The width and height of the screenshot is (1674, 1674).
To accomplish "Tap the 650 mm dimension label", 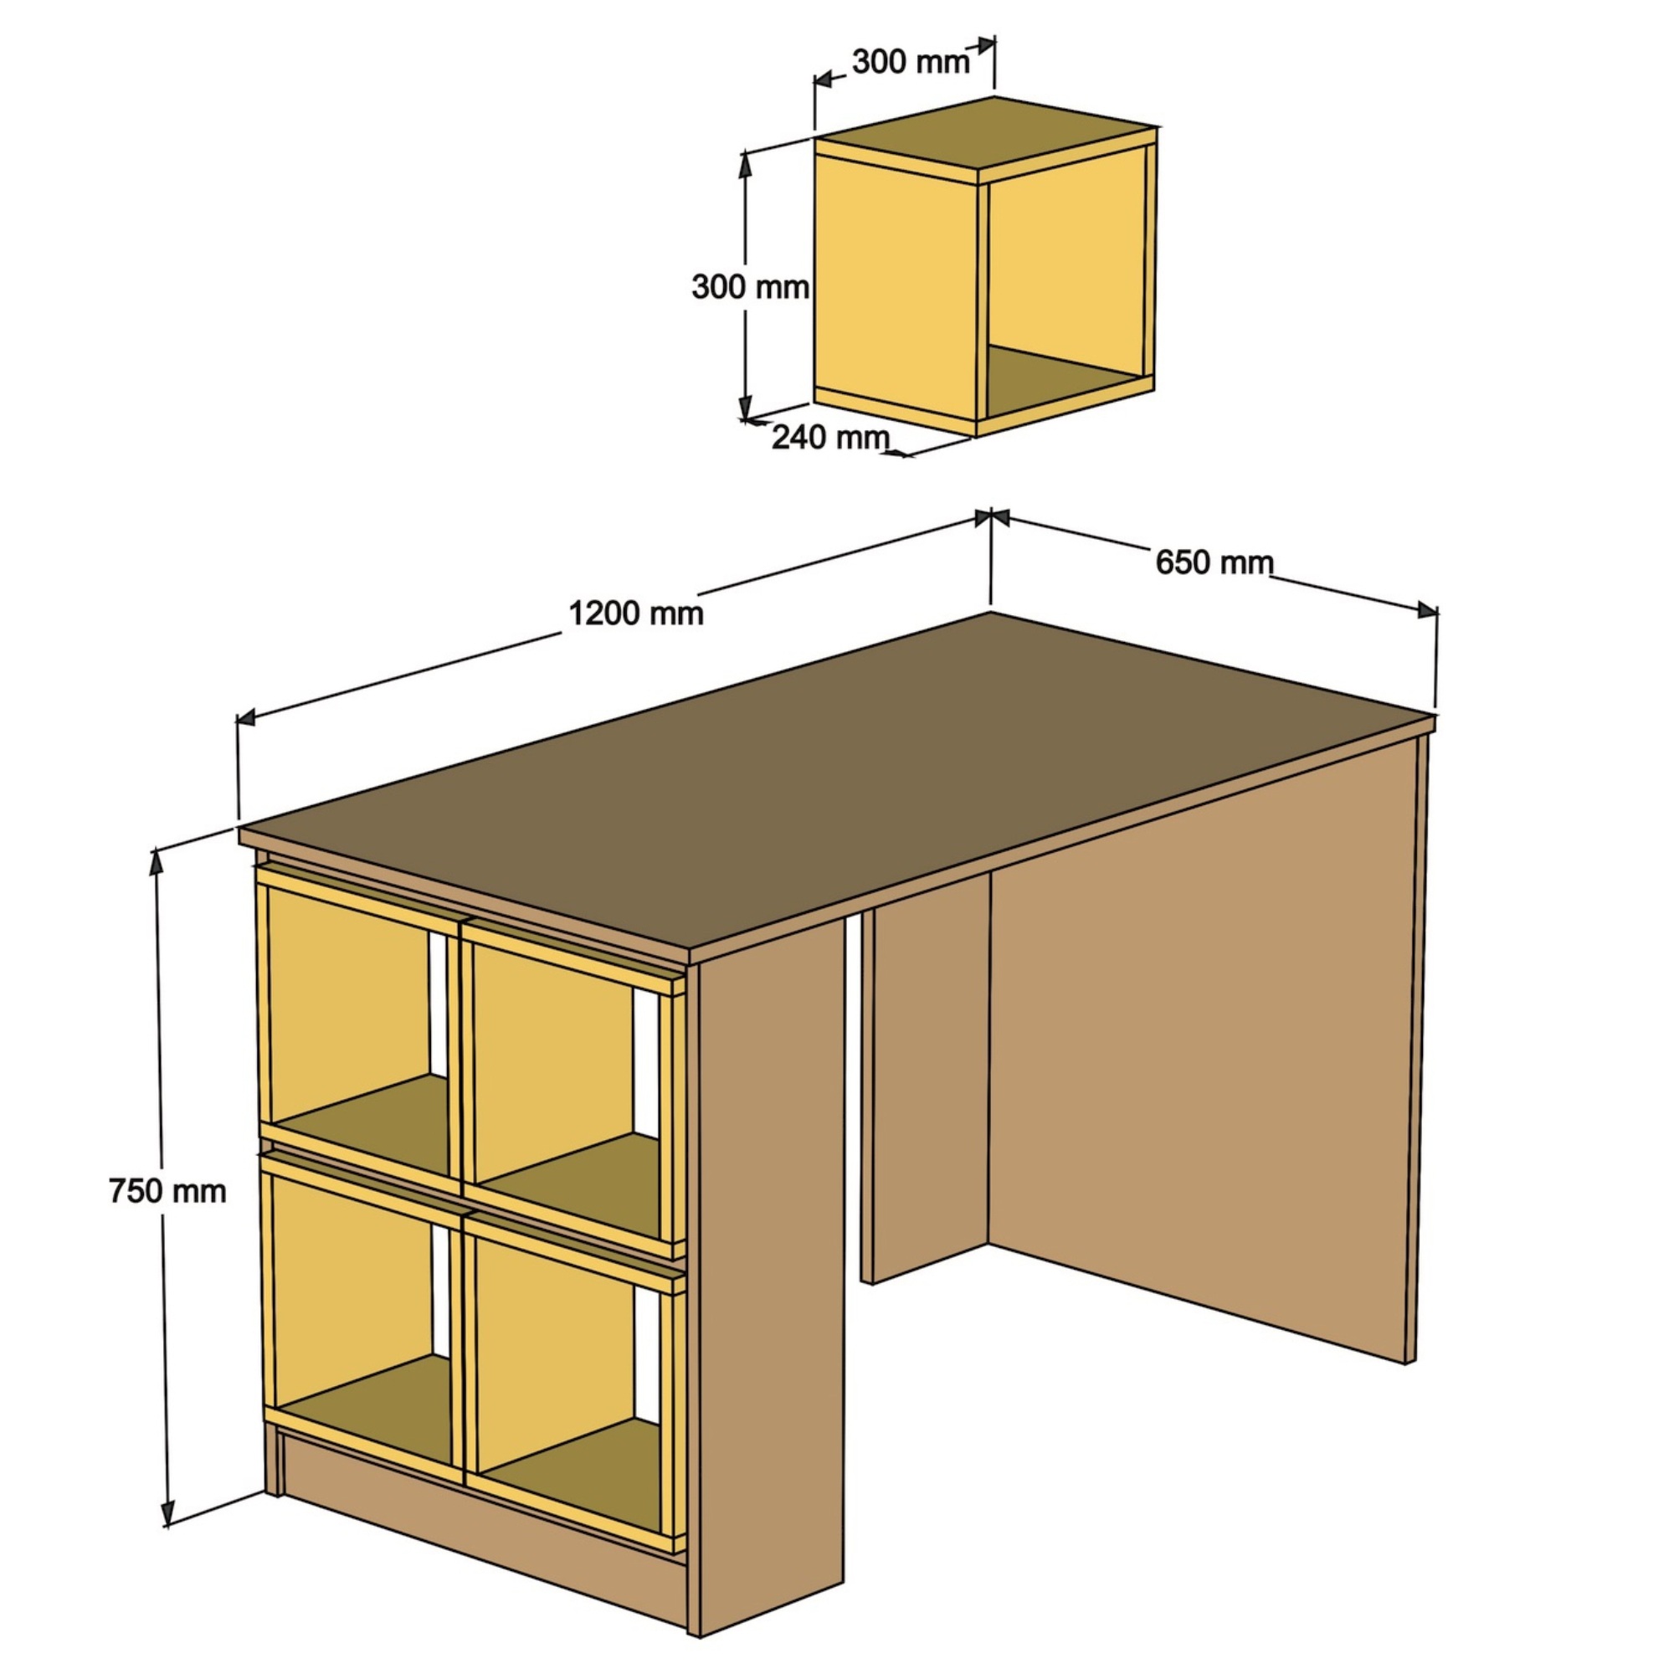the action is (x=1214, y=563).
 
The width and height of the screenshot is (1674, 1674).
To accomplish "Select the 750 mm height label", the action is (x=167, y=1191).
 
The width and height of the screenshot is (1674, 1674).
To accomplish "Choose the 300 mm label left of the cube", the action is (x=750, y=287).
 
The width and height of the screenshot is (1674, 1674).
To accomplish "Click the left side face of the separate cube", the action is (x=896, y=286).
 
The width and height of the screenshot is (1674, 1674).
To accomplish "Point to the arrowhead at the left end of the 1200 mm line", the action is (x=246, y=716).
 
